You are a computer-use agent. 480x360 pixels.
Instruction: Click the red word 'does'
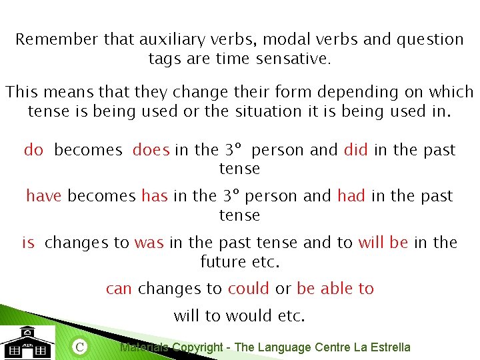[151, 150]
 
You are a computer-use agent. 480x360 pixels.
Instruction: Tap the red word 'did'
[356, 150]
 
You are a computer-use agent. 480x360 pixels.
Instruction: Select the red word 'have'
[44, 196]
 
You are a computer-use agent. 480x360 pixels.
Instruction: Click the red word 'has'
[154, 196]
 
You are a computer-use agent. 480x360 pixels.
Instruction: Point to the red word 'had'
[351, 196]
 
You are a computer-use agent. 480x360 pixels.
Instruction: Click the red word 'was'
[149, 243]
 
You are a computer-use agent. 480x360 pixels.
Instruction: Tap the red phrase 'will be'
[383, 243]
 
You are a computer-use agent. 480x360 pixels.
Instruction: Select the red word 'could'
[249, 289]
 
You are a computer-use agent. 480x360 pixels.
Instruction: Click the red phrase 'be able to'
[335, 289]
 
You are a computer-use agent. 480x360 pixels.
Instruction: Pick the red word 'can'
[119, 289]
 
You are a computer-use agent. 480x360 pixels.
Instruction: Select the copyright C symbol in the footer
[79, 347]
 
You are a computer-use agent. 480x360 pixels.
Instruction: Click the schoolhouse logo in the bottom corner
[27, 343]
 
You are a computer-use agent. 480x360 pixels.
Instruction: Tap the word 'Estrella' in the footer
[389, 347]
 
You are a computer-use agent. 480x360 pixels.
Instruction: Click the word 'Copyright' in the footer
[197, 347]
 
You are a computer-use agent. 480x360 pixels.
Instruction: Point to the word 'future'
[223, 262]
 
